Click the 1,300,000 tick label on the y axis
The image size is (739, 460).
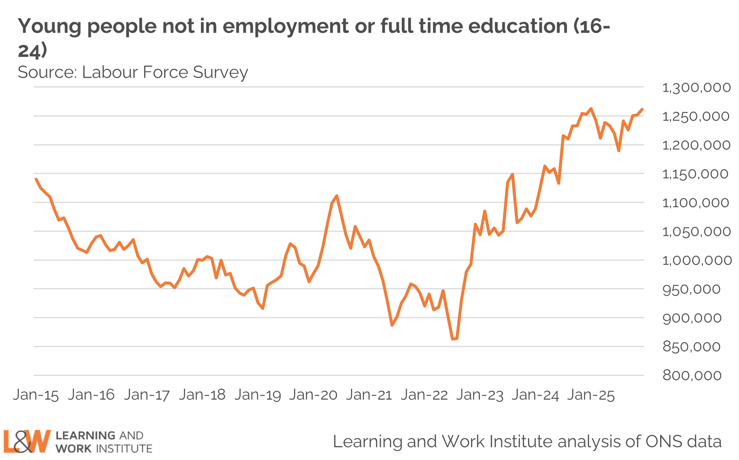click(x=696, y=88)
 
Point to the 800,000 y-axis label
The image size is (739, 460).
click(x=692, y=375)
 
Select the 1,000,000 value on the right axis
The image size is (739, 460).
click(x=697, y=260)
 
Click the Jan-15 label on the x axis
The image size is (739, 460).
click(x=36, y=395)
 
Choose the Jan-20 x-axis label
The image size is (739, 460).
click(x=313, y=395)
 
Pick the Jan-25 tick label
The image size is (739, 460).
click(x=591, y=395)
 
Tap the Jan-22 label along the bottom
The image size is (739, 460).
click(x=424, y=395)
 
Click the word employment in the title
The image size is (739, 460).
click(x=286, y=26)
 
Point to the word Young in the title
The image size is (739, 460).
click(x=50, y=26)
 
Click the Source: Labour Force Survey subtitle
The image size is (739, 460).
click(x=133, y=72)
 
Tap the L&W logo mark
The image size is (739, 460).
click(x=27, y=442)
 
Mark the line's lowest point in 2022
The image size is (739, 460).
click(x=453, y=339)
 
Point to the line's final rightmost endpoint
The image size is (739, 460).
click(x=642, y=109)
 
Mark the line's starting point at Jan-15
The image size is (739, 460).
click(x=36, y=179)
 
